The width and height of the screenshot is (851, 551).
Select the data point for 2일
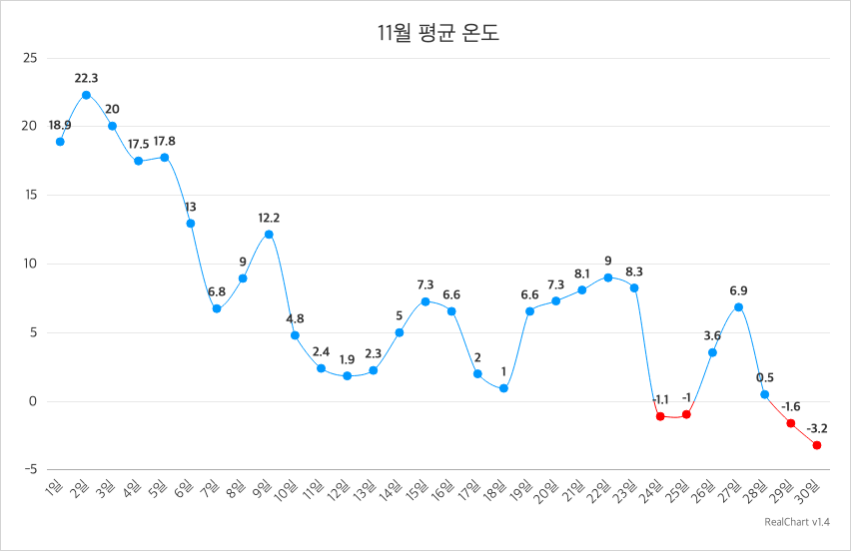tap(86, 95)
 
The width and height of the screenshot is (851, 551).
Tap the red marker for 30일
tap(817, 445)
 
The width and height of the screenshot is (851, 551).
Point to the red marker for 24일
tap(660, 415)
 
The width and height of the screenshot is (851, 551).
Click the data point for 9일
tap(269, 235)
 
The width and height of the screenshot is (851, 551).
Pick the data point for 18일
tap(503, 388)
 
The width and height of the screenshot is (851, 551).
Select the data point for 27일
tap(738, 306)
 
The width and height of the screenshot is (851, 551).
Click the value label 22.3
tap(86, 78)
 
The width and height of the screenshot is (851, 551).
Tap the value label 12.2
tap(269, 218)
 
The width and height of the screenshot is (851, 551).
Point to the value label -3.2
tap(816, 428)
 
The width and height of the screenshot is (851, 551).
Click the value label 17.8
tap(164, 141)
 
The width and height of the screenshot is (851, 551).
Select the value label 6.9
tap(738, 290)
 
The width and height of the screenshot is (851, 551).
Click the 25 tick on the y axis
tap(29, 58)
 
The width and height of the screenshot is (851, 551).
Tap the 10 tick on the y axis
tap(29, 264)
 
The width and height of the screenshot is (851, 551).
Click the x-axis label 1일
tap(55, 488)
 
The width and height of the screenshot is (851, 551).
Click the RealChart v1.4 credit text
tap(797, 522)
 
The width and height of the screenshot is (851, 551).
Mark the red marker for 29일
tap(791, 423)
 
